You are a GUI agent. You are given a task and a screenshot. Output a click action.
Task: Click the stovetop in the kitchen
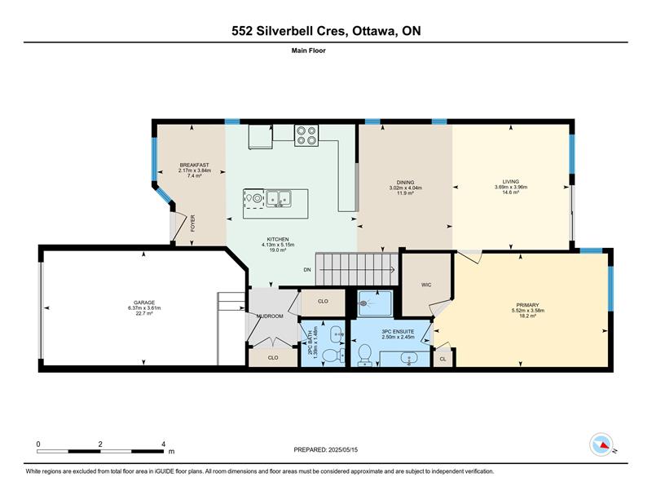(306, 135)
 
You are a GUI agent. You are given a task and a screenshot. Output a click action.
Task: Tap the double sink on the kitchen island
(279, 197)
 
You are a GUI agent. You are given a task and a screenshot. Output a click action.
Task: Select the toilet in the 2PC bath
(333, 356)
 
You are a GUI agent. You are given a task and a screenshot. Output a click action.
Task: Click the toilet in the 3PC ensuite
(364, 354)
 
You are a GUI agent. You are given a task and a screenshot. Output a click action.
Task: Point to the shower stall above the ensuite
(375, 303)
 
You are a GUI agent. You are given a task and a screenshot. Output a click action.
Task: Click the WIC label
(426, 285)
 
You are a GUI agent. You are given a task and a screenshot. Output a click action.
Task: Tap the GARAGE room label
(144, 303)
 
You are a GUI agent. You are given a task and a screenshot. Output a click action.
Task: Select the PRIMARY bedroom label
(527, 305)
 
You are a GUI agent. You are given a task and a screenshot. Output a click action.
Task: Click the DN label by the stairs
(307, 270)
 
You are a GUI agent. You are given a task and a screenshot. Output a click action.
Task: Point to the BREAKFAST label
(194, 166)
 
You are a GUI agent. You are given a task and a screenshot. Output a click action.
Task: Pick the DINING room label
(405, 183)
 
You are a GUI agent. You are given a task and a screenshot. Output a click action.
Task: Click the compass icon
(601, 444)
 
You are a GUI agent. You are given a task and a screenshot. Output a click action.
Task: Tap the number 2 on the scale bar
(100, 444)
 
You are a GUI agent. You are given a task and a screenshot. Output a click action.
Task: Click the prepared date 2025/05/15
(343, 450)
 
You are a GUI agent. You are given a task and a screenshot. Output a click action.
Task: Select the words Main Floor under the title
(309, 51)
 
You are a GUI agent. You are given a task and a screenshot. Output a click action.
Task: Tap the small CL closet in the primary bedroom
(443, 359)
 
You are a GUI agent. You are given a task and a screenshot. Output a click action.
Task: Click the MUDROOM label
(270, 316)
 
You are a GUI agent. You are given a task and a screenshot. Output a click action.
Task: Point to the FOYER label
(192, 223)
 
